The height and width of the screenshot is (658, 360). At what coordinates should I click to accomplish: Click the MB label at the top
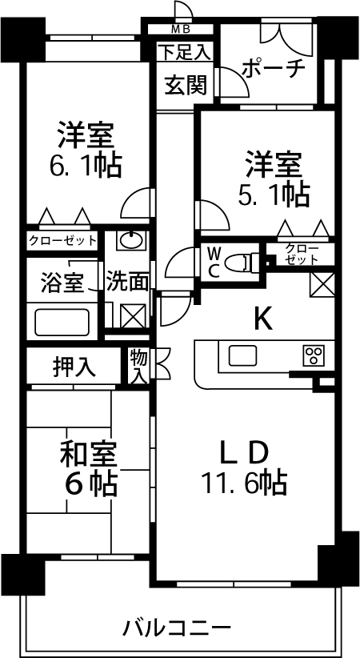[182, 30]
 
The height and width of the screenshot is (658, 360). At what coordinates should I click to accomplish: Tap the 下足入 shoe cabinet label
[183, 52]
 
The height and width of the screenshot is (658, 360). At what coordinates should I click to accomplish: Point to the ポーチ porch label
[273, 68]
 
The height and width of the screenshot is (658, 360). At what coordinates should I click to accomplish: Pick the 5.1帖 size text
[274, 195]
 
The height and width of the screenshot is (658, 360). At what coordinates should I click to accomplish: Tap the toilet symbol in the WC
[241, 263]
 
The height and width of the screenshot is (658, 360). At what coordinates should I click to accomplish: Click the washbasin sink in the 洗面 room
[131, 240]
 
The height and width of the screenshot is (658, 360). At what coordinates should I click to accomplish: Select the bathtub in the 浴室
[62, 322]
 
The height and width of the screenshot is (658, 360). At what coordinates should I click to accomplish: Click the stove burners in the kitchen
[314, 356]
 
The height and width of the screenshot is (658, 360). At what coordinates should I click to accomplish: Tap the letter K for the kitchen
[262, 319]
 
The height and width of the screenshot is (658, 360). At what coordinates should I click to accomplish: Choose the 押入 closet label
[74, 367]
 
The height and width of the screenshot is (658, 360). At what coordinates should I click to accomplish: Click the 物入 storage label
[138, 366]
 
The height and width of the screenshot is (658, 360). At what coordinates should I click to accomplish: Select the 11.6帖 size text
[244, 483]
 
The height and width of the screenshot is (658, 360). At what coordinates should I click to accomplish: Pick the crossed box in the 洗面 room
[133, 315]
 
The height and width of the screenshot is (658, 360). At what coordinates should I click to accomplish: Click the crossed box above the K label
[322, 285]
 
